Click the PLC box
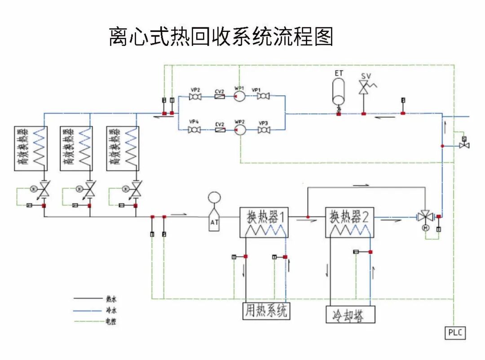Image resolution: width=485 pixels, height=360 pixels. pyautogui.click(x=455, y=333)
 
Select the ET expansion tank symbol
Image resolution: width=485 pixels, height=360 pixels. pyautogui.click(x=339, y=92)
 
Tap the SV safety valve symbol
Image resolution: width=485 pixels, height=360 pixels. pyautogui.click(x=363, y=87)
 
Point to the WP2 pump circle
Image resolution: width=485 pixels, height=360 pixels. pyautogui.click(x=239, y=129)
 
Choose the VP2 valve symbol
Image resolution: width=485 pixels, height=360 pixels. pyautogui.click(x=195, y=96)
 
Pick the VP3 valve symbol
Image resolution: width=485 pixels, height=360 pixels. pyautogui.click(x=264, y=130)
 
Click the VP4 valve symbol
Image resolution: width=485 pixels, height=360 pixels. pyautogui.click(x=194, y=130)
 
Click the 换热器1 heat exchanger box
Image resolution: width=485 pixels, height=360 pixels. pyautogui.click(x=264, y=222)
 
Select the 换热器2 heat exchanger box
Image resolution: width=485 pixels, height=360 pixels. pyautogui.click(x=350, y=222)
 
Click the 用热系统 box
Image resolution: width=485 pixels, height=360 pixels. pyautogui.click(x=267, y=311)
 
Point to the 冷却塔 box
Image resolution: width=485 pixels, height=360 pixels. pyautogui.click(x=350, y=315)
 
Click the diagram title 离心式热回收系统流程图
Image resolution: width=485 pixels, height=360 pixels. pyautogui.click(x=221, y=37)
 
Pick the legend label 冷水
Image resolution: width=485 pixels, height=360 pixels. pyautogui.click(x=111, y=310)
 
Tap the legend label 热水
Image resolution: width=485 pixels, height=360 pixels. pyautogui.click(x=111, y=298)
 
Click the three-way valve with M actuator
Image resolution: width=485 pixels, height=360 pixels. pyautogui.click(x=424, y=217)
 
